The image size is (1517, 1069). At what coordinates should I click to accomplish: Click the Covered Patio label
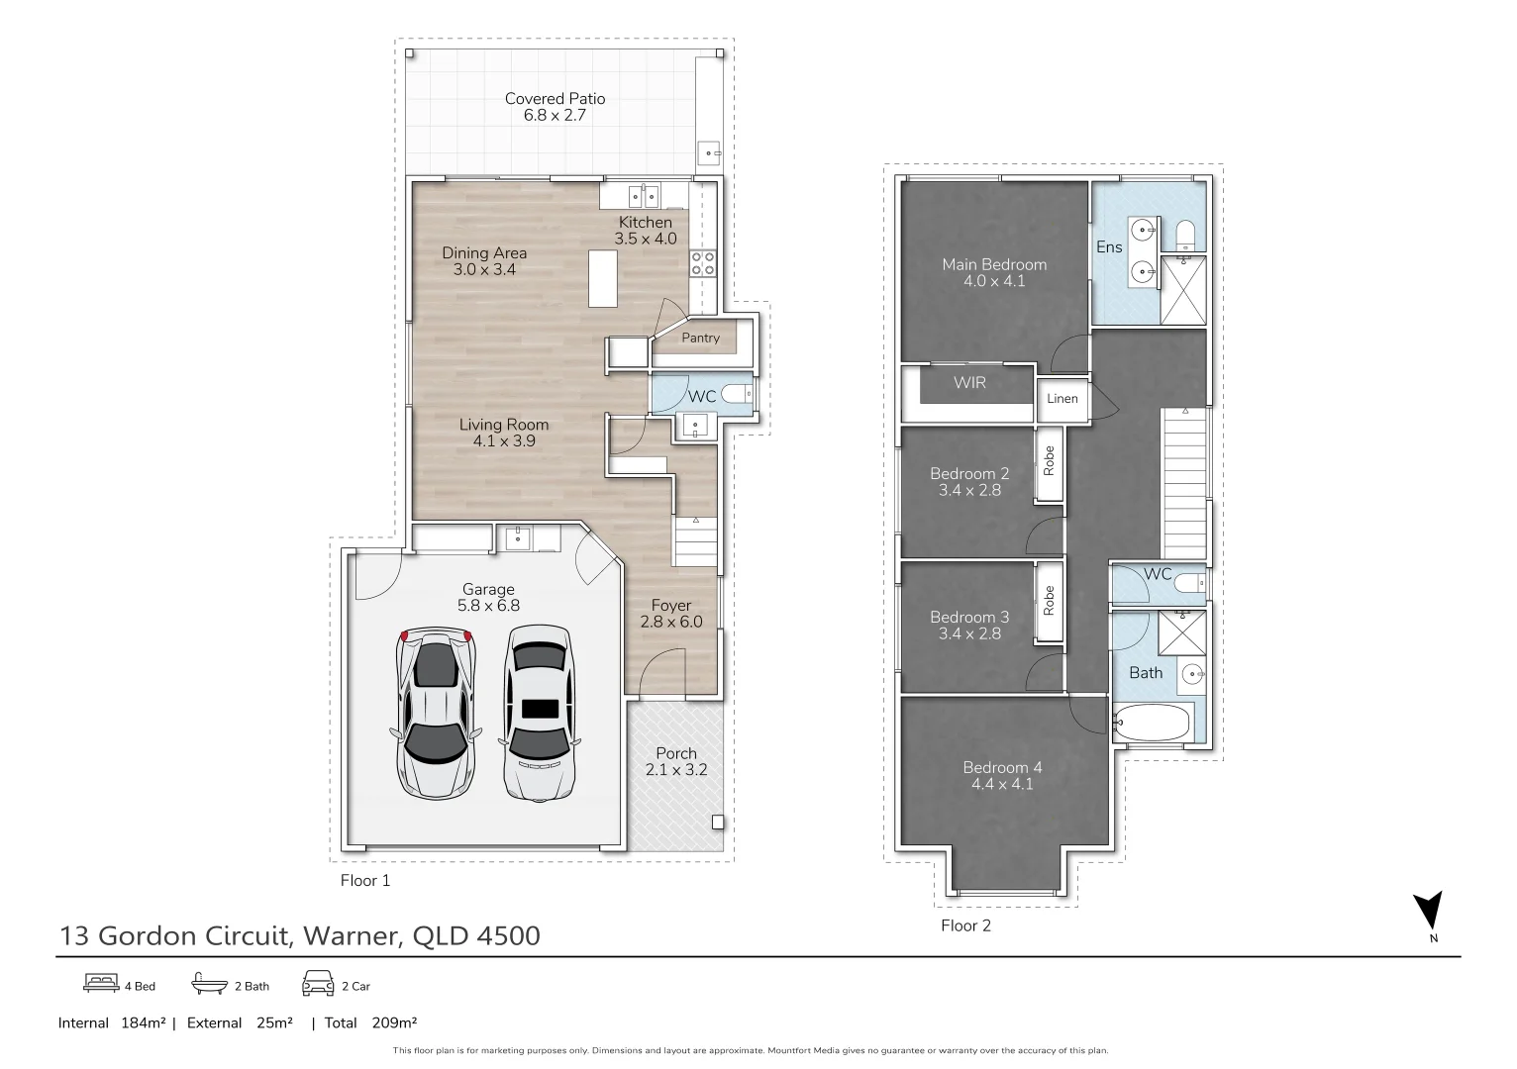pyautogui.click(x=555, y=99)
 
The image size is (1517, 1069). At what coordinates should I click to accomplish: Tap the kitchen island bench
pyautogui.click(x=602, y=279)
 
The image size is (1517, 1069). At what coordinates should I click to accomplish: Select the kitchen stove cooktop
pyautogui.click(x=702, y=263)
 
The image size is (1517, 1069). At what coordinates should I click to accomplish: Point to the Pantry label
pyautogui.click(x=700, y=338)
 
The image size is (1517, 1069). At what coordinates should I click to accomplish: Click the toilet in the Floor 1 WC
pyautogui.click(x=736, y=393)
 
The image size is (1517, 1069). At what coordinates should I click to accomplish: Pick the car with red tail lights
pyautogui.click(x=436, y=713)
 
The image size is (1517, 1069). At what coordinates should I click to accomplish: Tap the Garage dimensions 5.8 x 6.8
pyautogui.click(x=488, y=606)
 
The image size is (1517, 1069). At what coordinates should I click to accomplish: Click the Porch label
pyautogui.click(x=676, y=753)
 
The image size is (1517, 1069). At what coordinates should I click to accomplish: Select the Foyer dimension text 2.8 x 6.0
pyautogui.click(x=671, y=623)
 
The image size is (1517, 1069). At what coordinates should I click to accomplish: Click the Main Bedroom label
pyautogui.click(x=994, y=264)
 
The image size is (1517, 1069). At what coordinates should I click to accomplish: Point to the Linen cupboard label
pyautogui.click(x=1062, y=399)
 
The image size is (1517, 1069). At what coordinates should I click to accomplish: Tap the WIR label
pyautogui.click(x=969, y=382)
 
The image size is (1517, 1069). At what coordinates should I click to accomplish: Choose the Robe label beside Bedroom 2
pyautogui.click(x=1049, y=461)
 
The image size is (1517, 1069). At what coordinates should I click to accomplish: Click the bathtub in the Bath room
pyautogui.click(x=1152, y=723)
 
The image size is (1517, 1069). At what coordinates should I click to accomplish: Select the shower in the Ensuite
pyautogui.click(x=1183, y=290)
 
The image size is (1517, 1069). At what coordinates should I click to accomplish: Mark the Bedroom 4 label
pyautogui.click(x=1002, y=768)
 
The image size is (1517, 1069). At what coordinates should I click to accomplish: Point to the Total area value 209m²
pyautogui.click(x=394, y=1022)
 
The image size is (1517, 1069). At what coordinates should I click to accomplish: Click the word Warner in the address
pyautogui.click(x=351, y=935)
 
